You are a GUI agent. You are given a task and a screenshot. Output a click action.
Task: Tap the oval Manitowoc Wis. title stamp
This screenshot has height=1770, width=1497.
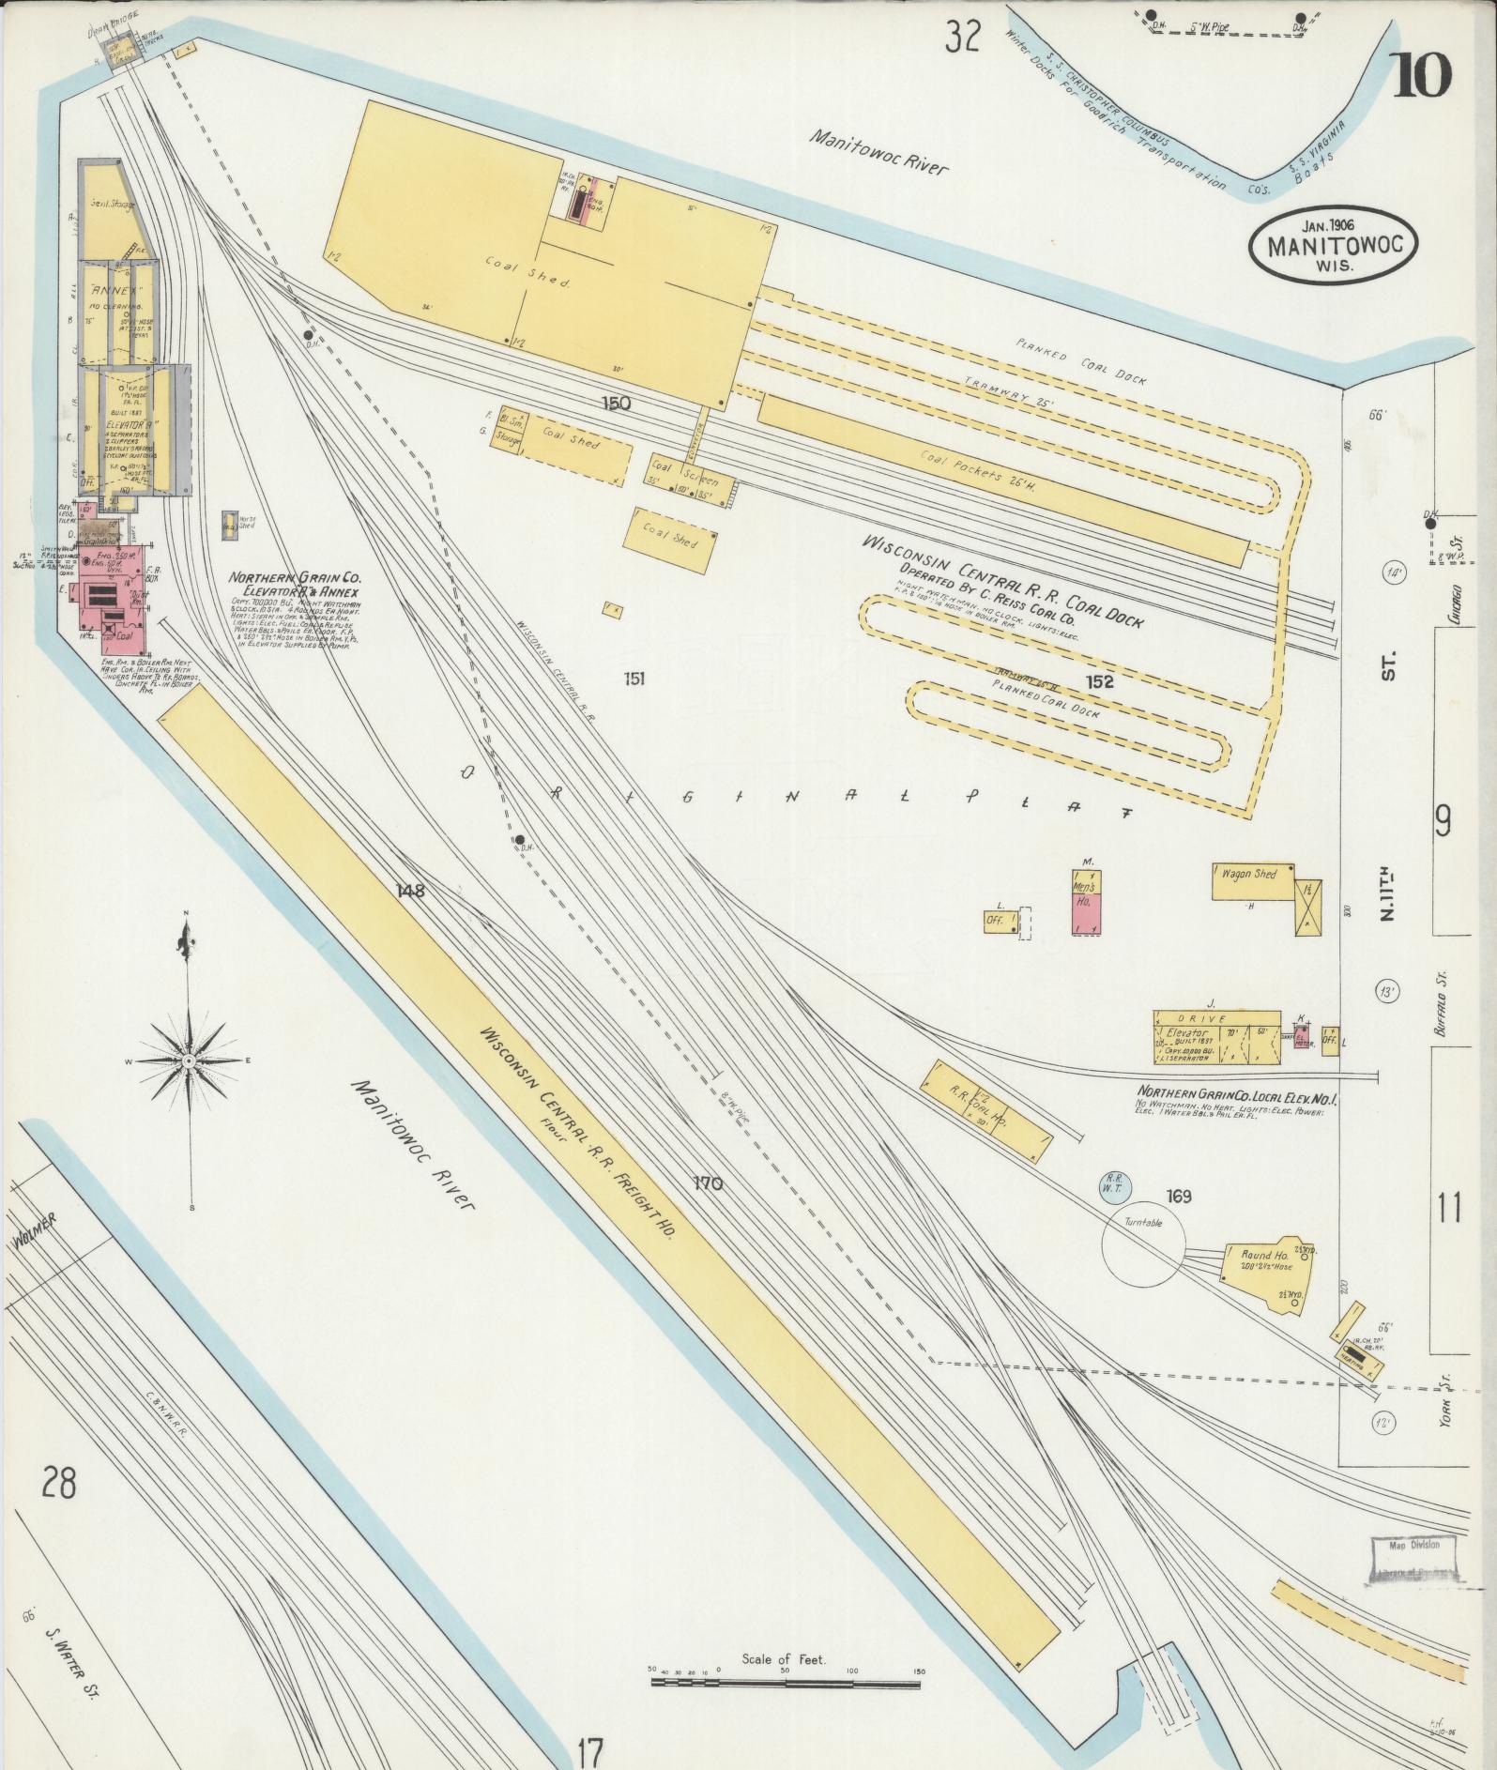pyautogui.click(x=1333, y=243)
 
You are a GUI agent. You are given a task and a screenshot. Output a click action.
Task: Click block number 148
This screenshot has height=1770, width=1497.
pyautogui.click(x=411, y=891)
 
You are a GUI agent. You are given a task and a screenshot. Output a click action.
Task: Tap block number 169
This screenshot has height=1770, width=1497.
pyautogui.click(x=1178, y=1196)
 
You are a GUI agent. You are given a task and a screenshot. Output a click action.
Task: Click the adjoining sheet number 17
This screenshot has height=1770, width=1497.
pyautogui.click(x=590, y=1749)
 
